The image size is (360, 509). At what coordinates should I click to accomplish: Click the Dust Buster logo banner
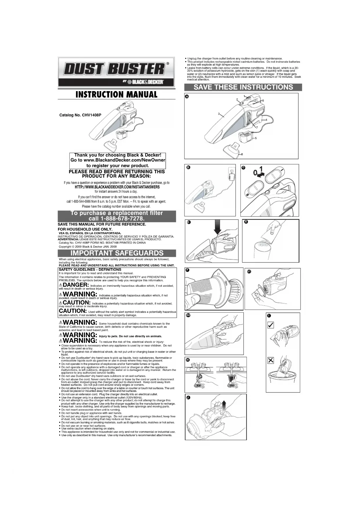coord(116,72)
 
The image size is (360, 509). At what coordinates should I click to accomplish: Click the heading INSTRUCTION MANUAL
coord(116,95)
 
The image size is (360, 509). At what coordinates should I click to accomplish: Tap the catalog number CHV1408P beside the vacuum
coord(80,115)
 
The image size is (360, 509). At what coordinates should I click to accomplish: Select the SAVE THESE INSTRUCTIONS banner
coord(243,87)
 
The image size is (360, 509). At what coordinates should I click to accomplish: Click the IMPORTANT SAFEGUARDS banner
coord(117,253)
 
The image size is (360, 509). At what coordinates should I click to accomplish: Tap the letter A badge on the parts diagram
coord(187,97)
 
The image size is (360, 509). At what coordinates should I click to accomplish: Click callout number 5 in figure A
coord(256,138)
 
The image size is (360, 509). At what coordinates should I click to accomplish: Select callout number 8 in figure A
coord(242,154)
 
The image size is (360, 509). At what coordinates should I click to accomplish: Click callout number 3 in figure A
coord(219,113)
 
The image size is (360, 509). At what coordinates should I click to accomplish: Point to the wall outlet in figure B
coord(232,171)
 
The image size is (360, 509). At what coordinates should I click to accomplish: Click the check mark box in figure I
coord(270,325)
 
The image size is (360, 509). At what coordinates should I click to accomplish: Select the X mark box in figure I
coord(270,360)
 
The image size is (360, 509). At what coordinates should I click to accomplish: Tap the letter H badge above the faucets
coord(188,360)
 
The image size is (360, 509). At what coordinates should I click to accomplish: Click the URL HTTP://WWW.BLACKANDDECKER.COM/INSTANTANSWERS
coord(117,187)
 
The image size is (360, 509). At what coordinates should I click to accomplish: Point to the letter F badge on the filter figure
coord(187,270)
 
